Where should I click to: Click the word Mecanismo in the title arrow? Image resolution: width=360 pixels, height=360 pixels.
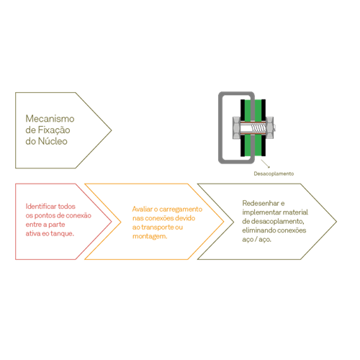(x=50, y=119)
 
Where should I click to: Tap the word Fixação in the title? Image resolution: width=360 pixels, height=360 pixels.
(x=54, y=130)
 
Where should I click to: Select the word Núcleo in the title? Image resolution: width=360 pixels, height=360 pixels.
(x=53, y=141)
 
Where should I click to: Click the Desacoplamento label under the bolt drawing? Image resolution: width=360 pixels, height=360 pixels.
(x=274, y=174)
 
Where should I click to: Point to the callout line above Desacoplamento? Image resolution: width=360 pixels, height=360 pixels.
(x=266, y=163)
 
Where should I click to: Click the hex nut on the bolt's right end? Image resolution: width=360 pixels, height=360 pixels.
(x=269, y=128)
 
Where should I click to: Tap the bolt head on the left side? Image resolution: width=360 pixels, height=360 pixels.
(x=237, y=128)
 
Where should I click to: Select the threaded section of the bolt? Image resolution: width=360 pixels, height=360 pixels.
(x=258, y=128)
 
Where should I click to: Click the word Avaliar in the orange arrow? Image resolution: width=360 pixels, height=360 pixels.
(x=143, y=209)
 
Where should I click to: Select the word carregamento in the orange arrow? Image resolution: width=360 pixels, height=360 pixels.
(x=181, y=210)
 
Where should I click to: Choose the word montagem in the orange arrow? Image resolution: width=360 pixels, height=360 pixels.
(x=150, y=236)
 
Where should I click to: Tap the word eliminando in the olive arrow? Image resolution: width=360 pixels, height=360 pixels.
(x=258, y=230)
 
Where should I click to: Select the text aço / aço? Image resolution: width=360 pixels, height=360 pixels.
(x=256, y=240)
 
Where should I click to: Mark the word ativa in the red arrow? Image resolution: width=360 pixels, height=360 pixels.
(x=33, y=233)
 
